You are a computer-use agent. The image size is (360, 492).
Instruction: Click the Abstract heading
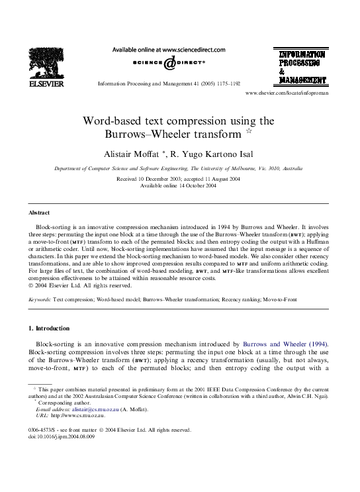(39, 213)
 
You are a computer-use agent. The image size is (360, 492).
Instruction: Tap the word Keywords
(40, 299)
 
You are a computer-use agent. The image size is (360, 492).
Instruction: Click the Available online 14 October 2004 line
(180, 185)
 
